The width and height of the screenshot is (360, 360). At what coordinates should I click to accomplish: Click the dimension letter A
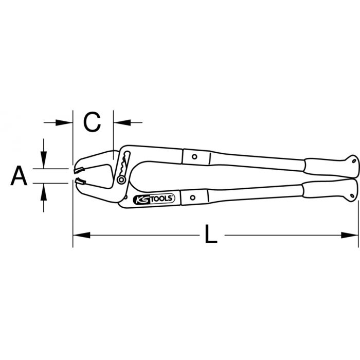(x=19, y=176)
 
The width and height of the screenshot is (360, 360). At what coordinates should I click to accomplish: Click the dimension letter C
(x=93, y=122)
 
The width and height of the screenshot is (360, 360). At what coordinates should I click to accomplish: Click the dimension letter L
(x=210, y=236)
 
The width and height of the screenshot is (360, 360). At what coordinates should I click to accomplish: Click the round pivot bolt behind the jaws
(x=121, y=179)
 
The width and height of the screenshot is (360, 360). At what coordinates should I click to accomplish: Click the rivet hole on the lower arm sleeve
(x=194, y=196)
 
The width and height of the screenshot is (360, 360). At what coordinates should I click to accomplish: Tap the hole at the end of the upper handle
(x=353, y=161)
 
